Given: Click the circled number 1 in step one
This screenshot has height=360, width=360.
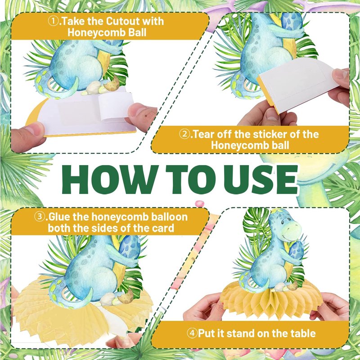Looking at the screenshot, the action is [x=53, y=21].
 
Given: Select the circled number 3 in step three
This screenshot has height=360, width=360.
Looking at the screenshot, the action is [x=40, y=217].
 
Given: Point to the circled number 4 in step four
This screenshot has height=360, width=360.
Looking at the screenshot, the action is [x=192, y=333].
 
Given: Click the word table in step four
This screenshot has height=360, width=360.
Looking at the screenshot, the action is [x=303, y=333].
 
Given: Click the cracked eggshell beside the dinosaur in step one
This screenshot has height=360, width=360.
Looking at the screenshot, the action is [x=112, y=84].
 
